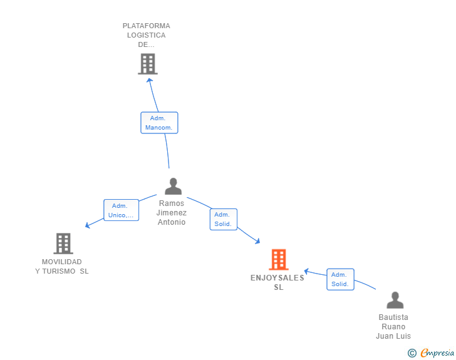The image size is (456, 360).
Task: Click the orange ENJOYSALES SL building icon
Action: click(x=279, y=259)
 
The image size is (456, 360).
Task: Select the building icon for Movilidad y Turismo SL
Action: click(x=63, y=244)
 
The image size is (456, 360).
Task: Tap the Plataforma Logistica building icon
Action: click(x=148, y=64)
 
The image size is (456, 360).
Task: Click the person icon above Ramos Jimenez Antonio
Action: click(x=173, y=186)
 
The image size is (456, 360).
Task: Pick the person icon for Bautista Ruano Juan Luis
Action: click(x=395, y=300)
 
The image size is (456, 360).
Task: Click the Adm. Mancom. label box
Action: click(x=159, y=123)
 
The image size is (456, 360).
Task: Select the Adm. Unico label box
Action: click(x=121, y=210)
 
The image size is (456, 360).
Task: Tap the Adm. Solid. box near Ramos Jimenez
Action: click(x=224, y=219)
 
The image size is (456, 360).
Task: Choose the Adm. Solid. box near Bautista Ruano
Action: click(x=340, y=279)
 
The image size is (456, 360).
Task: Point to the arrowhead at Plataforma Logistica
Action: click(x=150, y=80)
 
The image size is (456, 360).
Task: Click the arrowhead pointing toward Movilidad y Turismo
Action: click(x=87, y=225)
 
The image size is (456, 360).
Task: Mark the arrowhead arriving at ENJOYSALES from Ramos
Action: click(x=257, y=241)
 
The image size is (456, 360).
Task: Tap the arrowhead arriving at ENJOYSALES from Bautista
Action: click(x=306, y=271)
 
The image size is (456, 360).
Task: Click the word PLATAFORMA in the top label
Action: click(x=147, y=26)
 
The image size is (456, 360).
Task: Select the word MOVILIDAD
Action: click(x=61, y=262)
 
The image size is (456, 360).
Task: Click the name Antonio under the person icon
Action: click(x=172, y=222)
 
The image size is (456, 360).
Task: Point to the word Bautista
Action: click(x=393, y=317)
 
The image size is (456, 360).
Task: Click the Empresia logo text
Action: click(x=437, y=353)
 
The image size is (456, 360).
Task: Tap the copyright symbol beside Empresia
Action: click(x=412, y=353)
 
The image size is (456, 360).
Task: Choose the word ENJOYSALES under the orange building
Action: click(x=277, y=278)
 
